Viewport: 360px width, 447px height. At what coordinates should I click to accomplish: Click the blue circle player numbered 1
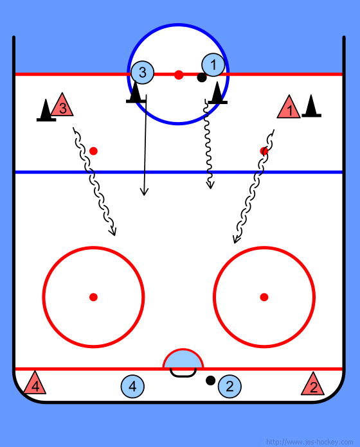213,65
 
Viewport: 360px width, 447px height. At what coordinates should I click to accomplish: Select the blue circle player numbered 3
142,73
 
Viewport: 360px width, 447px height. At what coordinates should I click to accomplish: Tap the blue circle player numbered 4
132,387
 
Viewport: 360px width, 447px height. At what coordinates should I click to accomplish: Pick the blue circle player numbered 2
230,387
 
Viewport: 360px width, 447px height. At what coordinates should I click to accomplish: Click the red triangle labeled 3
62,106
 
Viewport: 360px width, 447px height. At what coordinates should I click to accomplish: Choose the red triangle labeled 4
35,384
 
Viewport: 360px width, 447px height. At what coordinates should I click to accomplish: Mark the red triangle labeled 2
313,385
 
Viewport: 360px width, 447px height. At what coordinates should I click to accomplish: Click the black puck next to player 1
202,78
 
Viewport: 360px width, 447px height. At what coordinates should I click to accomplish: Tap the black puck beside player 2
210,380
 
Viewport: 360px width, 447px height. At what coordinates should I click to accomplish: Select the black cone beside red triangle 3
46,111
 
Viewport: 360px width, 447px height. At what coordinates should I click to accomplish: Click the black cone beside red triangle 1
311,107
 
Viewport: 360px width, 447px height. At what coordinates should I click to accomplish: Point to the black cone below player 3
136,93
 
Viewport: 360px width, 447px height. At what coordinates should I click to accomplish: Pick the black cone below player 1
218,94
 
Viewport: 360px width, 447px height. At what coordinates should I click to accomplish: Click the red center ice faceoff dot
179,75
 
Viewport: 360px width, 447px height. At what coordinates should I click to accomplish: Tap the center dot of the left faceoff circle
94,297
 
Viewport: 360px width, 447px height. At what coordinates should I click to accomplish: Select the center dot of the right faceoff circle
264,297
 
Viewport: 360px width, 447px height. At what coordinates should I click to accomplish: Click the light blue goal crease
183,360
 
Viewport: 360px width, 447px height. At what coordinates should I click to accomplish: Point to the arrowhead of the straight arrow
144,192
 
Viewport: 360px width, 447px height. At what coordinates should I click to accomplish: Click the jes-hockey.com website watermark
310,442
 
